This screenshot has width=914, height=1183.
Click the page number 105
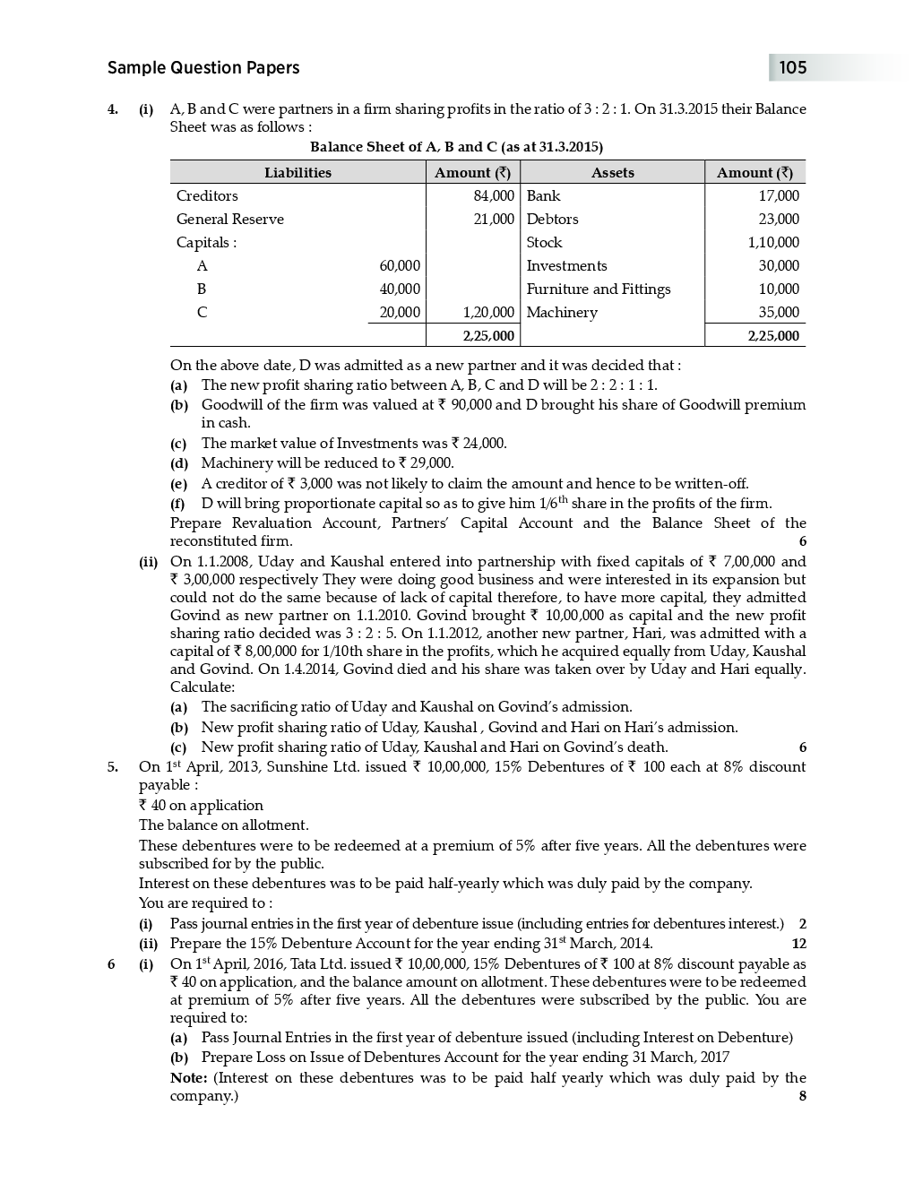pos(792,68)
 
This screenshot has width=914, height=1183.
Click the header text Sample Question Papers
pos(203,68)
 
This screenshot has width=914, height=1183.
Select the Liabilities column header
pos(297,173)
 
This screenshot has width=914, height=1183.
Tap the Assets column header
pos(612,173)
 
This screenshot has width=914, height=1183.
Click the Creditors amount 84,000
pos(493,196)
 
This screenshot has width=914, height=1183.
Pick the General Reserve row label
pos(229,220)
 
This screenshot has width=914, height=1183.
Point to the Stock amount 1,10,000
pos(773,243)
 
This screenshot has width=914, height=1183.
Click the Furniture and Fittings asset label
pos(598,289)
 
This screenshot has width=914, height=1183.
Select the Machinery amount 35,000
pos(778,313)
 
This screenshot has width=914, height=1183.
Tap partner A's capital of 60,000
pos(399,266)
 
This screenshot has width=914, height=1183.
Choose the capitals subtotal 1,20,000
pos(488,313)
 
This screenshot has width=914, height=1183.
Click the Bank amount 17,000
pos(778,196)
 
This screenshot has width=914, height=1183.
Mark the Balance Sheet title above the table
pos(456,147)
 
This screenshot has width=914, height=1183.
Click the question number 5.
pos(112,767)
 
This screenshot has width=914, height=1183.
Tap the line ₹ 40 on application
pos(201,806)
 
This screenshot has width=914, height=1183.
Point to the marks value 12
pos(798,944)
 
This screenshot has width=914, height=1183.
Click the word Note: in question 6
pos(188,1078)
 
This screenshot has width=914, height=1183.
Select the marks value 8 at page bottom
pos(802,1096)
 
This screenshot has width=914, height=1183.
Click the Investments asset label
pos(566,266)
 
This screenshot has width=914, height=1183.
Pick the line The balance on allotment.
pos(223,825)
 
